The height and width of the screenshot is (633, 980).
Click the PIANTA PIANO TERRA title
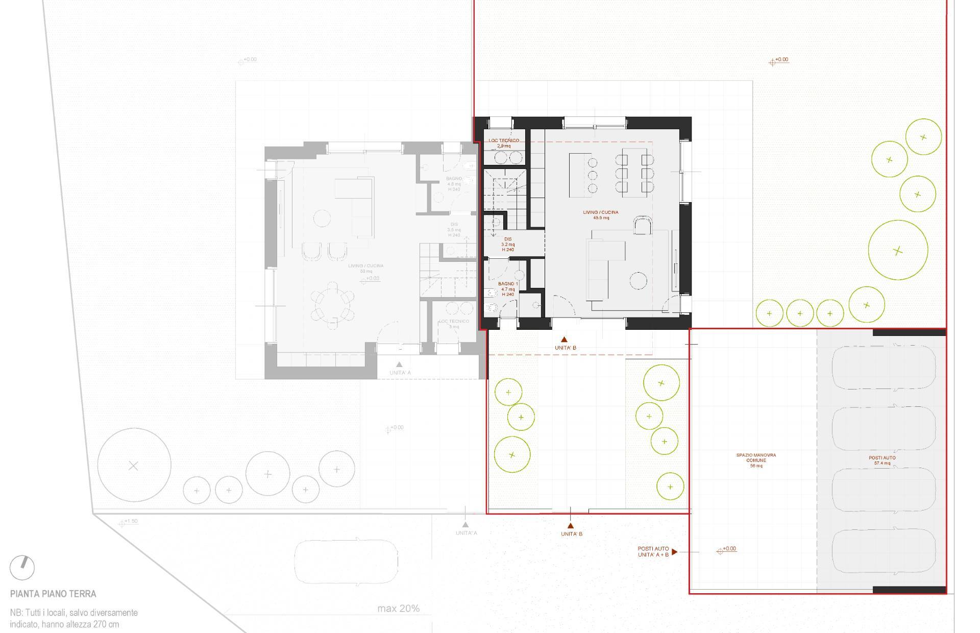tap(53, 594)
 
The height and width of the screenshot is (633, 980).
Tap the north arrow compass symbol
tap(22, 567)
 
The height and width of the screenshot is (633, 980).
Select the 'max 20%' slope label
tap(398, 608)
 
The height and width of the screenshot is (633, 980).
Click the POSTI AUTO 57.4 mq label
tap(882, 460)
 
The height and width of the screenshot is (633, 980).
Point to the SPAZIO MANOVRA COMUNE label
tap(756, 460)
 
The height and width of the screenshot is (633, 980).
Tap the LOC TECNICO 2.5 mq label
tap(504, 143)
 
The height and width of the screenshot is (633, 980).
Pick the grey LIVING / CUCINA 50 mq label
tap(365, 269)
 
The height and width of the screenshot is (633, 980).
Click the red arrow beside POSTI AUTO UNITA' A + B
tap(674, 552)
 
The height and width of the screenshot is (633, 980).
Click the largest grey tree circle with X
tap(134, 466)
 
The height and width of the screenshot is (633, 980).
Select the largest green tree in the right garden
tap(897, 250)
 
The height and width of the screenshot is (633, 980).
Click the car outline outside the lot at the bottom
tap(347, 561)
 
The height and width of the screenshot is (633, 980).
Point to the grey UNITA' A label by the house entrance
tap(400, 372)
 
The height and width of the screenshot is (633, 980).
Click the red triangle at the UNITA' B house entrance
tap(564, 339)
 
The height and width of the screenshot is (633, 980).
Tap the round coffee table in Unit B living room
tap(638, 281)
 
